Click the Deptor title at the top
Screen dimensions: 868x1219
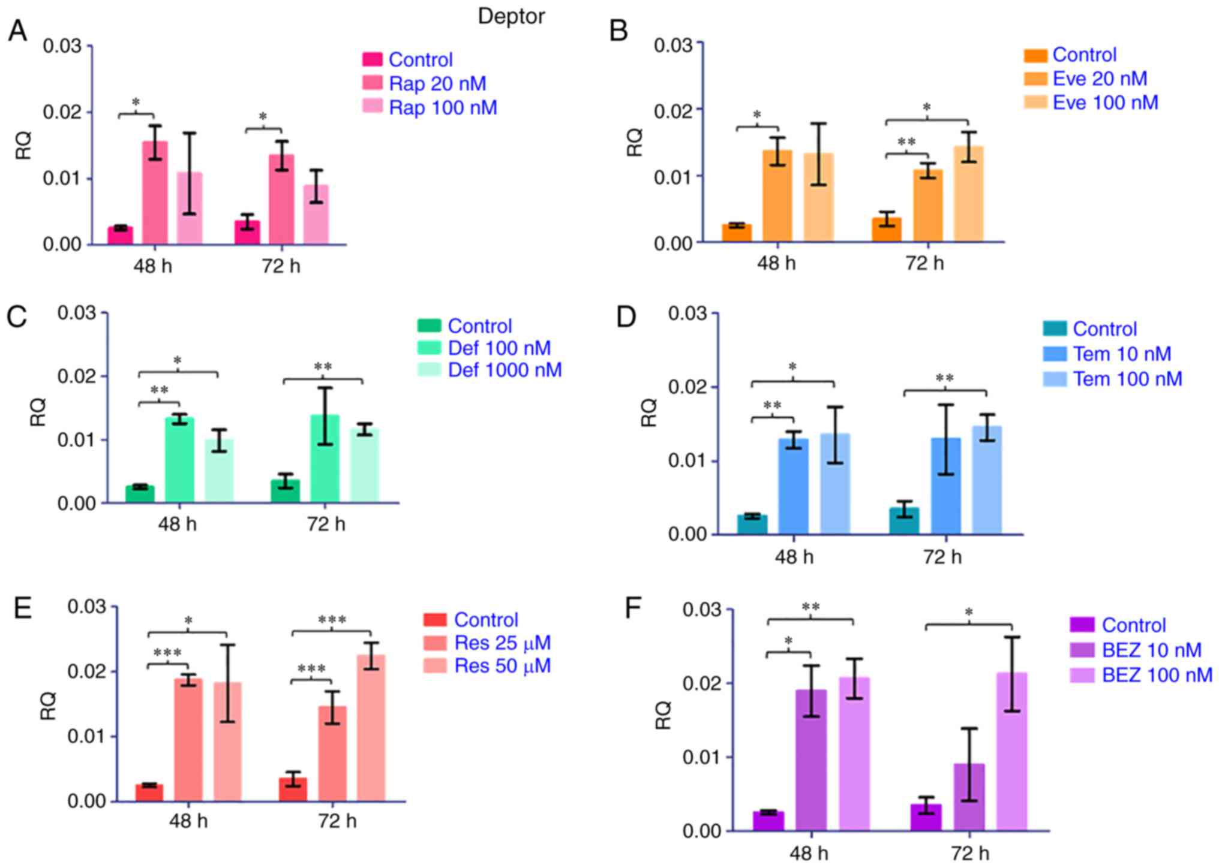[x=511, y=16]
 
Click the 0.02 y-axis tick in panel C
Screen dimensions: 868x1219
[x=76, y=376]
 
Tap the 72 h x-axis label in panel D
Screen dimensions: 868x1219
[x=942, y=557]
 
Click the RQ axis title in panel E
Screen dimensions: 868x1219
[x=48, y=705]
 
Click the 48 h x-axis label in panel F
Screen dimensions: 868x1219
[x=809, y=853]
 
